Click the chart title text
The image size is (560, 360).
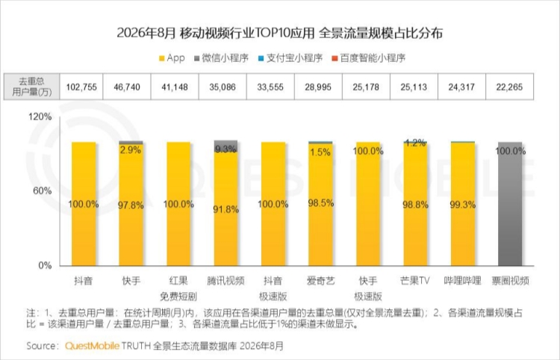point(280,33)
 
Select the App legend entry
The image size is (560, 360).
point(172,58)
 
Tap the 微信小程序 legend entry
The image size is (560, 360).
point(221,58)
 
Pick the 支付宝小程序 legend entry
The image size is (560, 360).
point(290,58)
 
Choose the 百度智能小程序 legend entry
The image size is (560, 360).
point(369,58)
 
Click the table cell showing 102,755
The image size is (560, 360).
point(81,87)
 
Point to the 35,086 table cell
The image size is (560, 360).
point(223,87)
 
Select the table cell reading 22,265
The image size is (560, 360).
point(509,87)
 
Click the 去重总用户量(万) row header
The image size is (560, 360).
point(32,87)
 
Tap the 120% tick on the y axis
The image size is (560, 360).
point(40,117)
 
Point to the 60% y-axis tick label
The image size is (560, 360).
point(42,190)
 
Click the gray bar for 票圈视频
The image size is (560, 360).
point(510,204)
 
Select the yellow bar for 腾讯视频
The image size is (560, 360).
point(225,209)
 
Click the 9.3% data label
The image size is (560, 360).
point(225,149)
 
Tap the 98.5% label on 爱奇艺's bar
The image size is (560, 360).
point(321,203)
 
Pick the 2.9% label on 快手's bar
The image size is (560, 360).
point(131,149)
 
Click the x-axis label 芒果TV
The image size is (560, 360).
point(414,281)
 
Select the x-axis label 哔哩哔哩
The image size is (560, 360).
point(462,281)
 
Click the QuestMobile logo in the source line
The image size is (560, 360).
point(92,346)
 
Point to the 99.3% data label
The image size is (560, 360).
point(462,205)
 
